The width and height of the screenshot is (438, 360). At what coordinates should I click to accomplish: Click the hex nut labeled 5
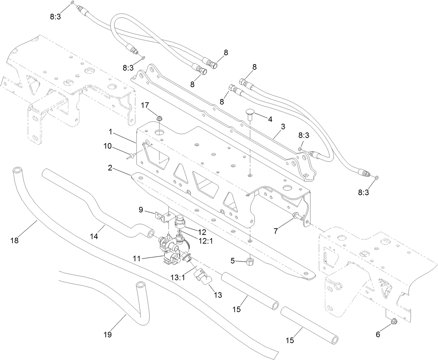(250, 261)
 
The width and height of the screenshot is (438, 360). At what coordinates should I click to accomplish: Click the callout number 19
(108, 335)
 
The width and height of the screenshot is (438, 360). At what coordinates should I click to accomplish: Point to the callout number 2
(110, 168)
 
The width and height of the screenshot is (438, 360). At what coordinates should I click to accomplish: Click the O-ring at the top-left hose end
(72, 3)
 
